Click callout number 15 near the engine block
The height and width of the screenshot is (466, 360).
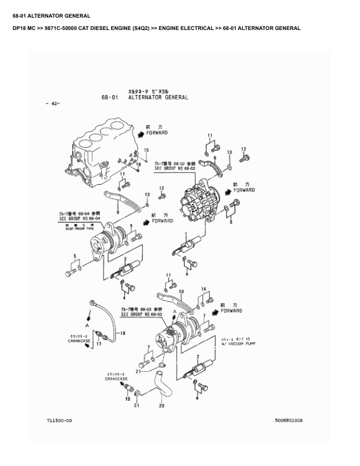(146, 151)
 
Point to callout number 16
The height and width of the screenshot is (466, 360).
(139, 164)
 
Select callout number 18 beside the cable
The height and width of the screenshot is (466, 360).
(123, 334)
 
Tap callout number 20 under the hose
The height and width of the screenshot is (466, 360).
(161, 405)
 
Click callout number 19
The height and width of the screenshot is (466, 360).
(127, 399)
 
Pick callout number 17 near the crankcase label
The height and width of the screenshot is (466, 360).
(99, 344)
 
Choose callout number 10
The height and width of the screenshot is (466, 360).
(181, 291)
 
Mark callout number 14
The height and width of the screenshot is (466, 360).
(204, 289)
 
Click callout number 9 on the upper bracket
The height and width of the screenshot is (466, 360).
(215, 158)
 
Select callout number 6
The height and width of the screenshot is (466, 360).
(231, 222)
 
